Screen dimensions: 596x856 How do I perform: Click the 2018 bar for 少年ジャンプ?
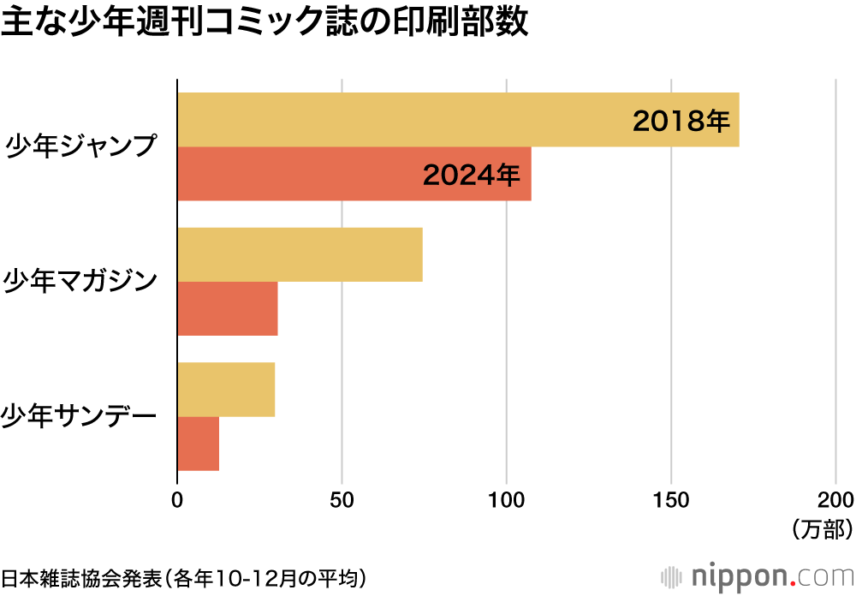click(x=402, y=120)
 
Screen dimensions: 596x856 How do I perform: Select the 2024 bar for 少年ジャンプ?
click(x=300, y=174)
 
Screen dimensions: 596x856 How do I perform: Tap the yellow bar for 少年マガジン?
click(x=300, y=254)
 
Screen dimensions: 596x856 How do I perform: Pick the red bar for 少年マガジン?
click(x=228, y=308)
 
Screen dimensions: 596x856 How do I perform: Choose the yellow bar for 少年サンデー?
click(x=226, y=390)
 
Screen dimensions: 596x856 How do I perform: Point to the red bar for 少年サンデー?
click(x=199, y=444)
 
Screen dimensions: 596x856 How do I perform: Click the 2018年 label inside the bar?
click(x=681, y=121)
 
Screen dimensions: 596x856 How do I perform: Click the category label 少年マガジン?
click(x=81, y=281)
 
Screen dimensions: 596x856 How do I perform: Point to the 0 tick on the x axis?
click(x=177, y=500)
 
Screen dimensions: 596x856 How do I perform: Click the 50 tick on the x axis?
click(x=342, y=500)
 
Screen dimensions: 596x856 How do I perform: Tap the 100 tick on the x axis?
click(x=507, y=500)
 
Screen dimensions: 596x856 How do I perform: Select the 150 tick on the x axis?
click(x=671, y=500)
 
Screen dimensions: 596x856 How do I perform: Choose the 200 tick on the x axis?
click(x=835, y=500)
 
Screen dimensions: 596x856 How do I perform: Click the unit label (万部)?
click(x=821, y=529)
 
